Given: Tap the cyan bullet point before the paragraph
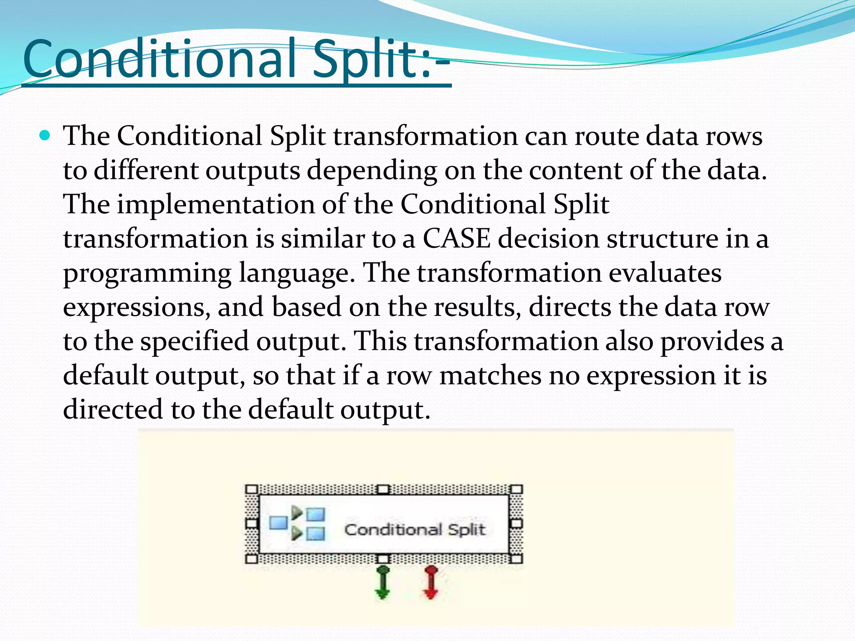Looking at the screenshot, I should pos(44,136).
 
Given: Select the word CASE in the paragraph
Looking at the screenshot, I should pos(456,239).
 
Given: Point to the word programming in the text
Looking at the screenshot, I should pos(147,274).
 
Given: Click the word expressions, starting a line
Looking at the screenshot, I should pos(136,308).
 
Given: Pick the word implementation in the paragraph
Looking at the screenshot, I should pos(215,204).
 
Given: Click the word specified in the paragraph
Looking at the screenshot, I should pos(194,341).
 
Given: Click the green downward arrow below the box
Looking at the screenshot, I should pos(382,583).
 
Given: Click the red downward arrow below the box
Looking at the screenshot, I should pos(430,583).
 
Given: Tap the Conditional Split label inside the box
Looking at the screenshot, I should pos(415,530).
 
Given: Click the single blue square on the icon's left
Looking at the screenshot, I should pos(278,522).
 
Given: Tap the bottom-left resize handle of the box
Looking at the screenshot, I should pos(252,559).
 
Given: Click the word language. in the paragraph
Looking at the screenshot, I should pos(296,274).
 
